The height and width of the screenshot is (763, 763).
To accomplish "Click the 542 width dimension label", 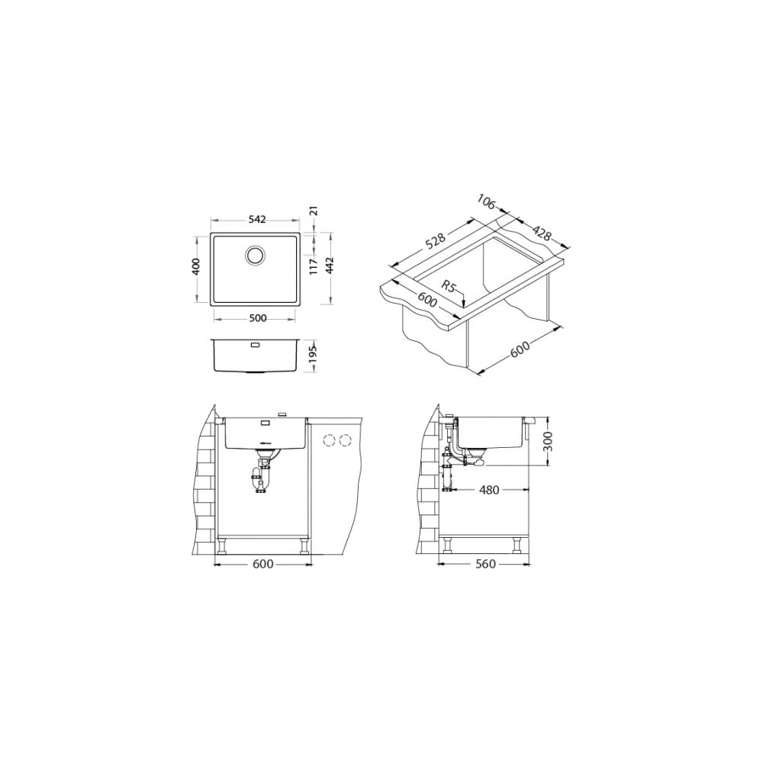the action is click(257, 220).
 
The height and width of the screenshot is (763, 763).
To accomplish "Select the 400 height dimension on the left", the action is click(196, 266).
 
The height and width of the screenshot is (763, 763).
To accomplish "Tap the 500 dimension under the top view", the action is click(257, 319).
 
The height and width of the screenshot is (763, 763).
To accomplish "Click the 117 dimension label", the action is click(314, 267).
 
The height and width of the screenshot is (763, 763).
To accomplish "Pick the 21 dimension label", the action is click(314, 211).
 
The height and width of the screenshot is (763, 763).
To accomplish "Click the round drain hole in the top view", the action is click(255, 255).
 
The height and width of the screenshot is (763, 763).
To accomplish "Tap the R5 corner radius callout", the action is click(449, 287).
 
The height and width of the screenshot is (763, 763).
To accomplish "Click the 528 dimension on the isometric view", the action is click(435, 242).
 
